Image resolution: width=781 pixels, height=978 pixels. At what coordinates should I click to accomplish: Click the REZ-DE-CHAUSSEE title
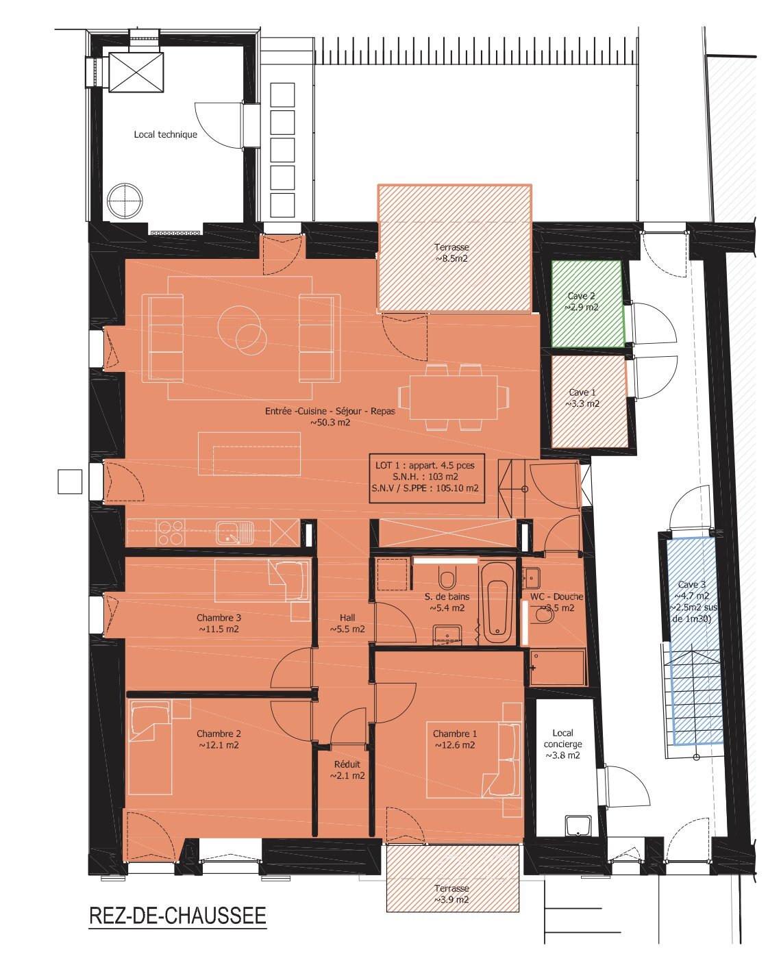177,915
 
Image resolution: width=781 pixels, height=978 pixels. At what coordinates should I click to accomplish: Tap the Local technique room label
166,134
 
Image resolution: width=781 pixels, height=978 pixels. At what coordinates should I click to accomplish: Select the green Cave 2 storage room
587,303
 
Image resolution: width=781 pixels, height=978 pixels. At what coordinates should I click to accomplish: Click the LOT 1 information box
426,478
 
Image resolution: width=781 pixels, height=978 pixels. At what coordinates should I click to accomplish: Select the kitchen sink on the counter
234,533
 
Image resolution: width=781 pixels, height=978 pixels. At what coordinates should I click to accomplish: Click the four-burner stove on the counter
171,533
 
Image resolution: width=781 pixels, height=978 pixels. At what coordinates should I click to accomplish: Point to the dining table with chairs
454,397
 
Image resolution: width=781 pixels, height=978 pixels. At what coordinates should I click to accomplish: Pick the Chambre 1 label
455,733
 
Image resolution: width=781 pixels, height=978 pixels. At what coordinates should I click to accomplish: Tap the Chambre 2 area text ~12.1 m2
219,745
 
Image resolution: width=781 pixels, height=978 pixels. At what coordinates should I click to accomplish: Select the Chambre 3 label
219,618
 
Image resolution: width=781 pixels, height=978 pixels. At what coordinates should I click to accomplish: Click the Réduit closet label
347,764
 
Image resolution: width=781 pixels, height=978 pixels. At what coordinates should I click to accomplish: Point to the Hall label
347,618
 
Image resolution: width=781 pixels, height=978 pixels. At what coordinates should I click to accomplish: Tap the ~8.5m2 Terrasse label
451,253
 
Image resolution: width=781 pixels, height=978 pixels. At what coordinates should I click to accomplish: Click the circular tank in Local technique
125,201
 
